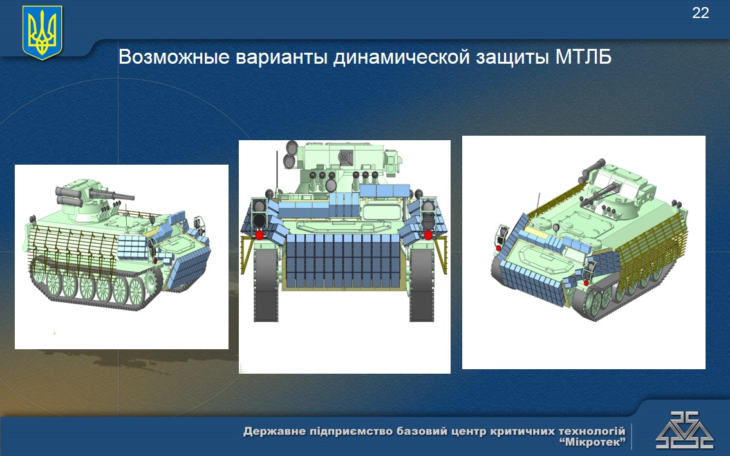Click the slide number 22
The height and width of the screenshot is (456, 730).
700,13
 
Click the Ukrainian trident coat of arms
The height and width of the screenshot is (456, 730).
42,32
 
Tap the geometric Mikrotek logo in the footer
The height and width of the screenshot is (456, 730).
684,430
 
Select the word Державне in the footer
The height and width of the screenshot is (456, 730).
272,432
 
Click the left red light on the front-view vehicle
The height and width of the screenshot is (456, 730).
259,235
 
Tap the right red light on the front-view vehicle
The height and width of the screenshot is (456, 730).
428,235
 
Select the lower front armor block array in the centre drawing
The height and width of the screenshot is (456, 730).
344,260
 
